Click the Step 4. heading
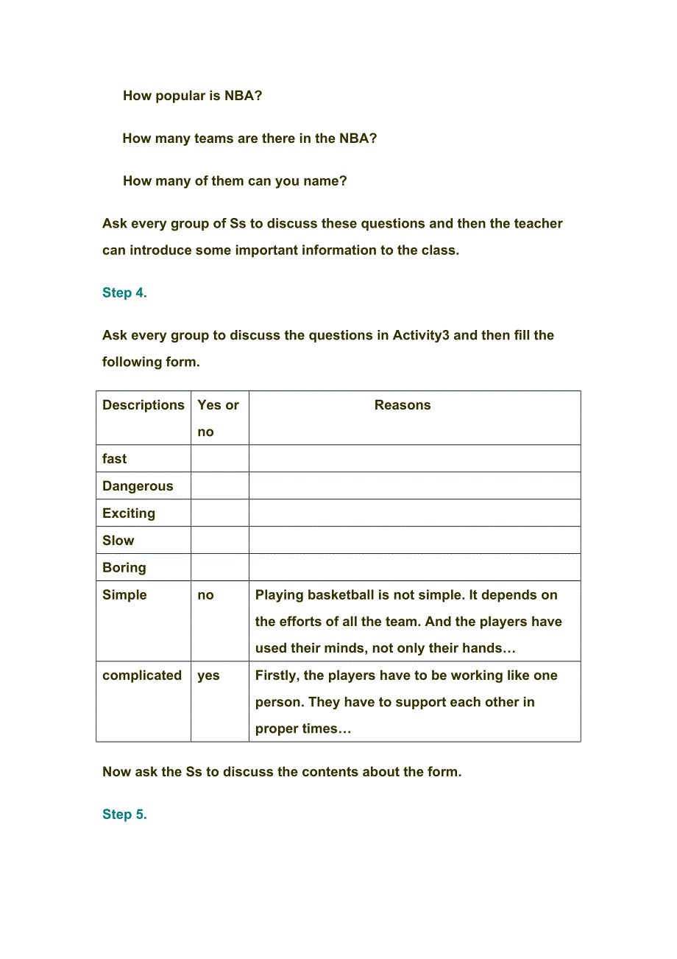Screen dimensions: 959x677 124,292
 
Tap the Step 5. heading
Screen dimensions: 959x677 124,814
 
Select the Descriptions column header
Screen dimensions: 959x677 143,405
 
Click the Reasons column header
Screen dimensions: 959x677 403,405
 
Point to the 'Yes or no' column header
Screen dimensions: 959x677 219,418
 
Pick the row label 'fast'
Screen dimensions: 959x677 115,459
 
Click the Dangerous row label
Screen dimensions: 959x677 138,486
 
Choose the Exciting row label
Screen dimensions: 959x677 129,513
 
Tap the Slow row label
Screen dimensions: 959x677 118,541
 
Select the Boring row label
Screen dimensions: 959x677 124,568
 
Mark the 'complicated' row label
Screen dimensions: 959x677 142,675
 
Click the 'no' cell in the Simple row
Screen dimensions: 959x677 206,595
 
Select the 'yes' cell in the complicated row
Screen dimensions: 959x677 208,675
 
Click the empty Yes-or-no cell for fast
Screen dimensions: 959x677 220,459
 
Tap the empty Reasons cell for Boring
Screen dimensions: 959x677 414,568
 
